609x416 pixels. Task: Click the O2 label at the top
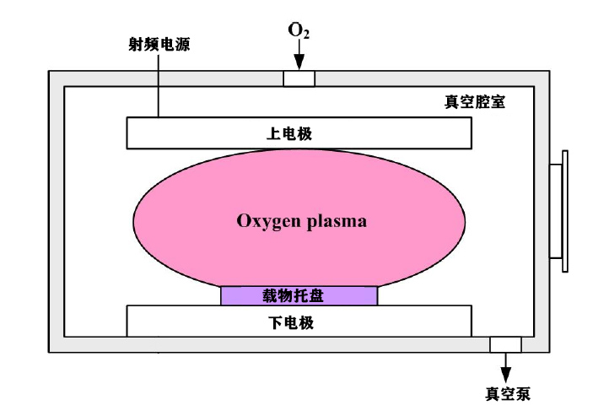click(x=298, y=32)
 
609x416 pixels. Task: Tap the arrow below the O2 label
click(x=299, y=57)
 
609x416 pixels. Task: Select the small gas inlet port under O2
click(x=299, y=78)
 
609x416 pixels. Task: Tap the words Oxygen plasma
click(x=300, y=223)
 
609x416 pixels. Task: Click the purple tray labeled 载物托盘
click(x=299, y=295)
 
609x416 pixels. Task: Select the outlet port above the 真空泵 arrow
click(x=506, y=344)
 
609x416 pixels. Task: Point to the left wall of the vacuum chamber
click(x=56, y=211)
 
